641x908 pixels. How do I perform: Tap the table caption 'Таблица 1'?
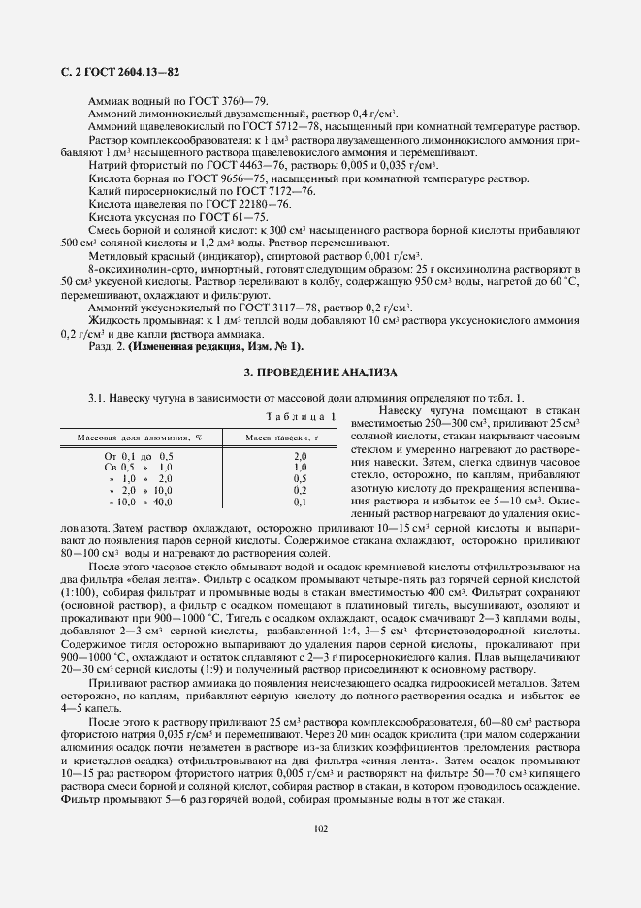[x=302, y=416]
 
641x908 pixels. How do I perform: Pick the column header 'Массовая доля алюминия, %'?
[x=140, y=438]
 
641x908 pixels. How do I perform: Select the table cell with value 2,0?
[x=300, y=455]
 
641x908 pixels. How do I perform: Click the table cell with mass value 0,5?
[x=300, y=478]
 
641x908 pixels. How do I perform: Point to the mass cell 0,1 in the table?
[x=300, y=502]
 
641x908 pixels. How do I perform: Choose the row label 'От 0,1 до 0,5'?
[x=139, y=455]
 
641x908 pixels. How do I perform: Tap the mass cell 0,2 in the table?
[x=300, y=490]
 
